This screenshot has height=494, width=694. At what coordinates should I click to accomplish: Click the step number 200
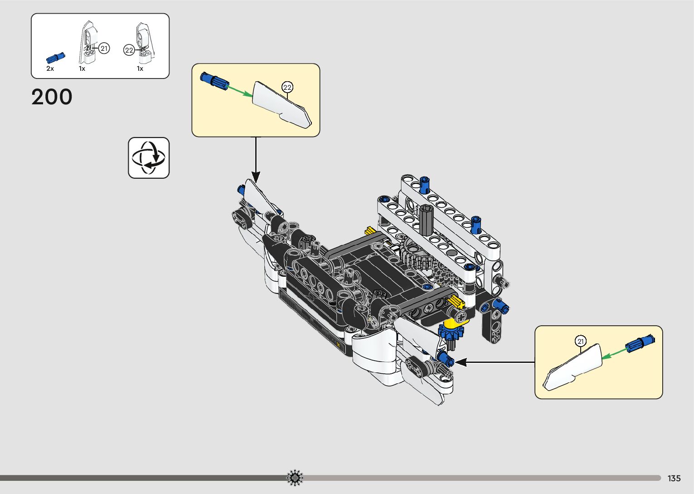pyautogui.click(x=52, y=97)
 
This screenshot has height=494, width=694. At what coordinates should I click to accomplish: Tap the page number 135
pyautogui.click(x=674, y=478)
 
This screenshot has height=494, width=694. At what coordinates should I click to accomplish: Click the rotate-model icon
pyautogui.click(x=149, y=158)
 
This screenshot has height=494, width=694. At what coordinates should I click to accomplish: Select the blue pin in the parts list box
pyautogui.click(x=55, y=58)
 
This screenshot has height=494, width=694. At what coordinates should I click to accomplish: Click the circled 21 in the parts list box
pyautogui.click(x=104, y=48)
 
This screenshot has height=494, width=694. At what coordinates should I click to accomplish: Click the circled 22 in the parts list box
pyautogui.click(x=129, y=50)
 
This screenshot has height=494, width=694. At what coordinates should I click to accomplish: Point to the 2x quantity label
pyautogui.click(x=50, y=68)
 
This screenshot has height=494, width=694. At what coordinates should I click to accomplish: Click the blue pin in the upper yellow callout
pyautogui.click(x=214, y=81)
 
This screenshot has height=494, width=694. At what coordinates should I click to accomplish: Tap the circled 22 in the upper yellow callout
pyautogui.click(x=287, y=87)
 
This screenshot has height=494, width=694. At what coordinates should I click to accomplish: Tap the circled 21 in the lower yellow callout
pyautogui.click(x=581, y=341)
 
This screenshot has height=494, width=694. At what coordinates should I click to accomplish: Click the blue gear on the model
pyautogui.click(x=451, y=333)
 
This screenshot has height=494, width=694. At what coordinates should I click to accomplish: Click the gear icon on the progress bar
pyautogui.click(x=295, y=478)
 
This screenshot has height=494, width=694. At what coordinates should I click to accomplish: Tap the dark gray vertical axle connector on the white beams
pyautogui.click(x=426, y=220)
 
